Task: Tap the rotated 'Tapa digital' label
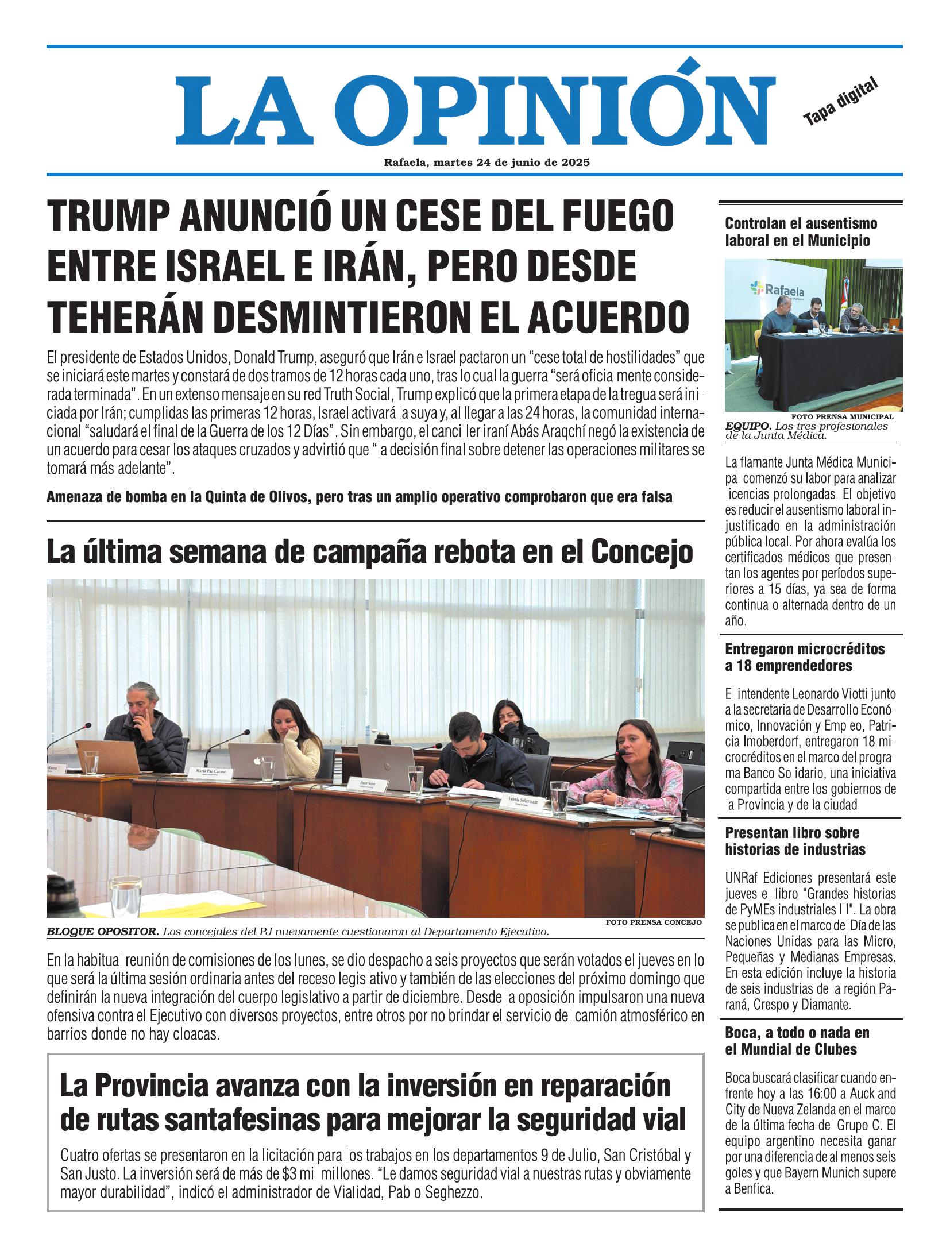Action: click(841, 101)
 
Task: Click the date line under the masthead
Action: click(486, 163)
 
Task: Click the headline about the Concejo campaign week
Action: click(369, 552)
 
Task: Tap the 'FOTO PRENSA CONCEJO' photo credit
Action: click(654, 922)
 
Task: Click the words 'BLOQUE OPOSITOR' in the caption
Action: click(103, 932)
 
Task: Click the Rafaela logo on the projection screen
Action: click(775, 288)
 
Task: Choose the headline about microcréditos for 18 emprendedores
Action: click(804, 657)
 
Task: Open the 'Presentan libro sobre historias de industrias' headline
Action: click(795, 841)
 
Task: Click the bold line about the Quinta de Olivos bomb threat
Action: click(359, 497)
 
